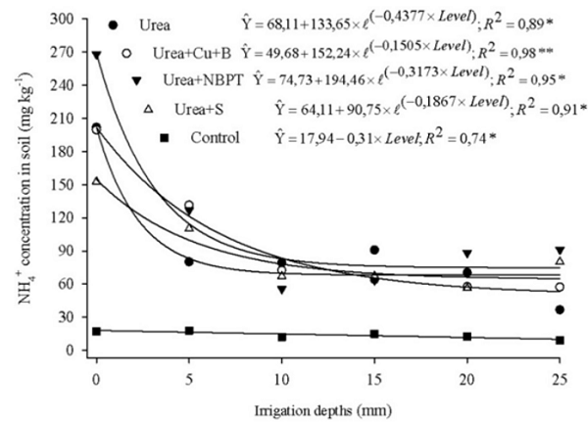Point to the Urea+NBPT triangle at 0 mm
(x=96, y=56)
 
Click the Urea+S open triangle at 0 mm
(x=96, y=182)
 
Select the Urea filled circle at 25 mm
(x=559, y=309)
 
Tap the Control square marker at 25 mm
(x=559, y=340)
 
